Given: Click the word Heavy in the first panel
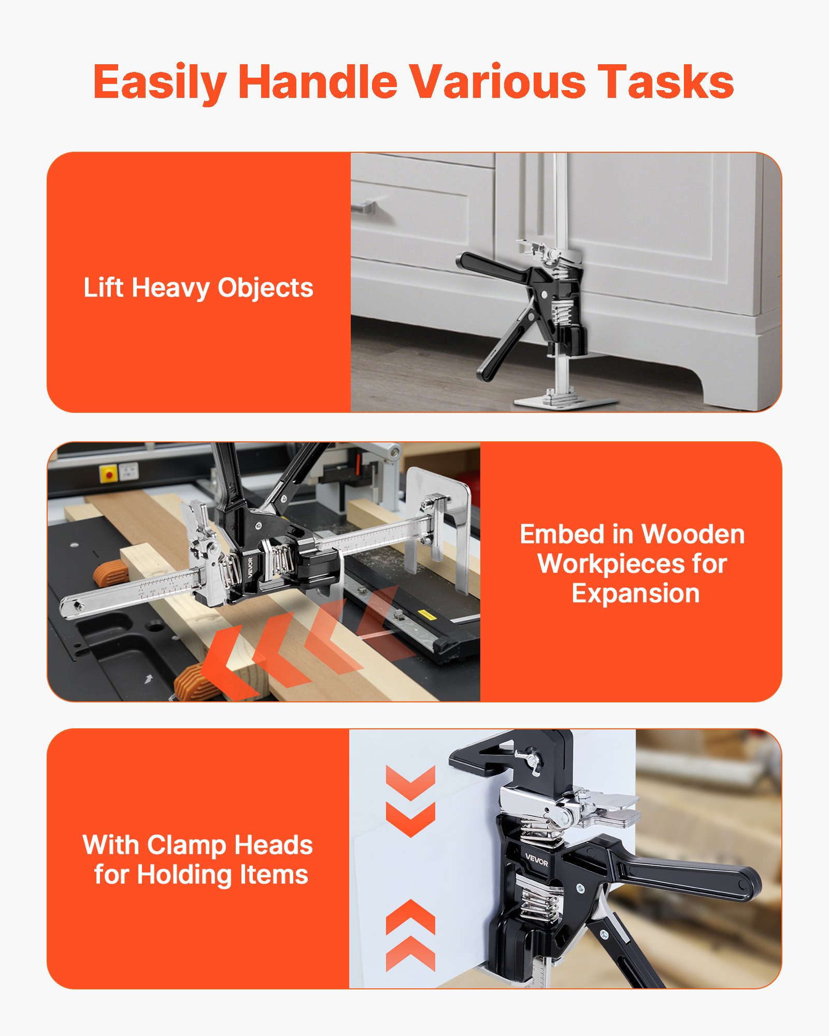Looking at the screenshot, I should tap(170, 288).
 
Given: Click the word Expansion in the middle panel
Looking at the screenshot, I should tap(635, 594).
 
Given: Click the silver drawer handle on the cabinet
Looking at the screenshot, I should tap(363, 208).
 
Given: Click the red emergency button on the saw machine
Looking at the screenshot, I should tap(109, 473).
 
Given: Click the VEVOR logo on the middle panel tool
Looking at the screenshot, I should tap(250, 568).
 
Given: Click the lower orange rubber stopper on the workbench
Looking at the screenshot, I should tap(192, 684).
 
